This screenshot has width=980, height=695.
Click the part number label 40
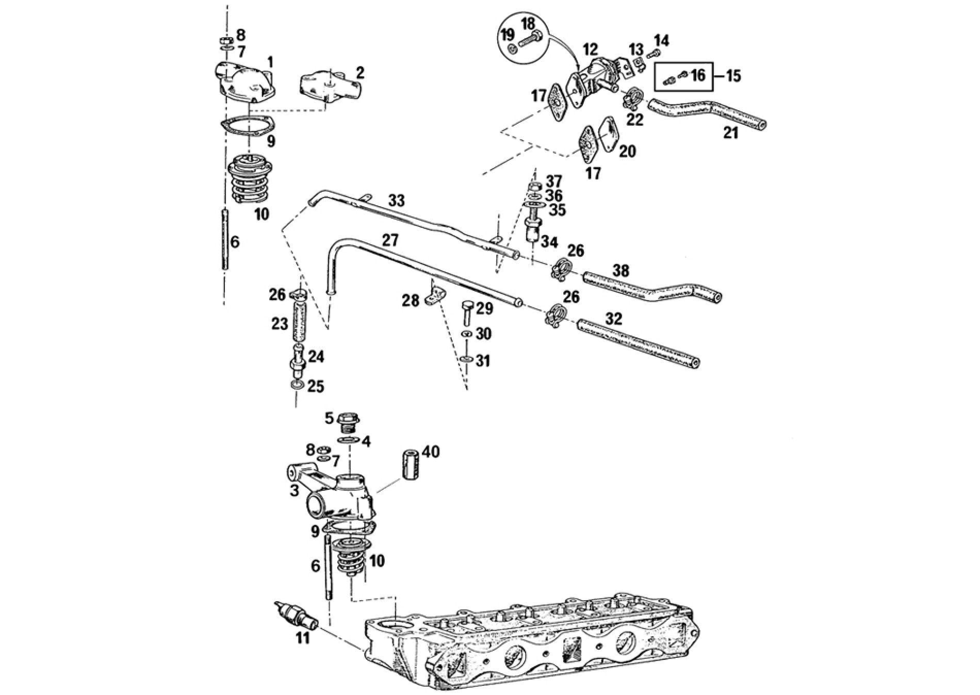431,452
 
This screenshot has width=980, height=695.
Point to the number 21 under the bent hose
731,133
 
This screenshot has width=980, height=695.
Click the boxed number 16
697,76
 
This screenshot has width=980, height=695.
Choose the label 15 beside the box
733,76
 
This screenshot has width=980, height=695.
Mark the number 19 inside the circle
508,36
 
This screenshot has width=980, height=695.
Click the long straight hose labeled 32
639,342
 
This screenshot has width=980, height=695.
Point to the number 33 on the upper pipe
396,201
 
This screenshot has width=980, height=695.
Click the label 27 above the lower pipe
390,240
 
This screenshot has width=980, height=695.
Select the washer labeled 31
466,359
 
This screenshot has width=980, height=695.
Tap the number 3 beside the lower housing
294,490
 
